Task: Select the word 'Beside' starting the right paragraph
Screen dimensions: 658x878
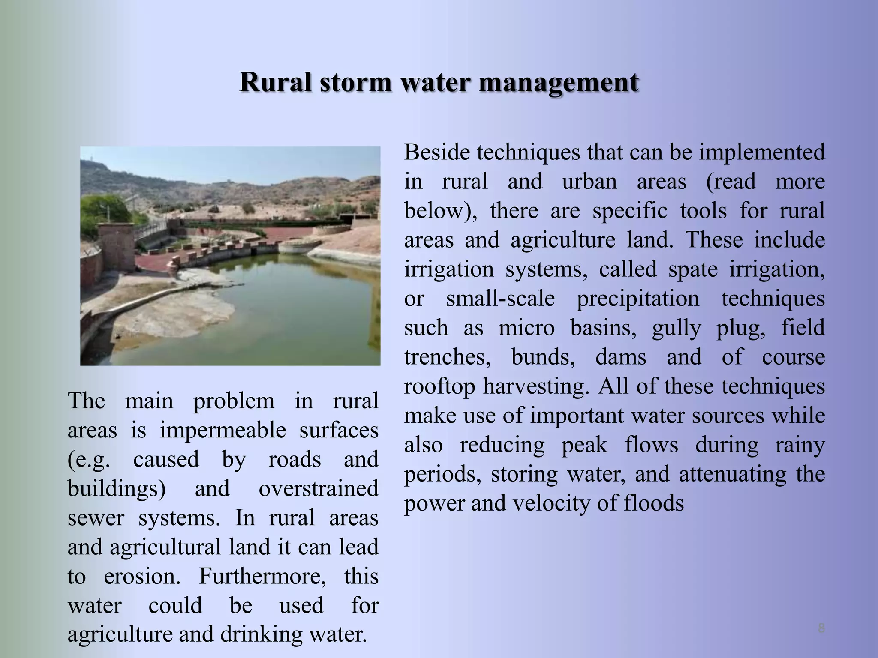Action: (437, 153)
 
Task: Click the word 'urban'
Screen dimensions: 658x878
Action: (589, 182)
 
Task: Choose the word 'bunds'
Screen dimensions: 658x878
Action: (543, 357)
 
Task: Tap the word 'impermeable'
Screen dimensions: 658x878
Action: (223, 431)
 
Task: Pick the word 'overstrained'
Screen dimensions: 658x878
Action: (319, 489)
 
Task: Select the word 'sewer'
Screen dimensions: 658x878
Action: (96, 518)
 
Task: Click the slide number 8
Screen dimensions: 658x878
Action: (821, 628)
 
